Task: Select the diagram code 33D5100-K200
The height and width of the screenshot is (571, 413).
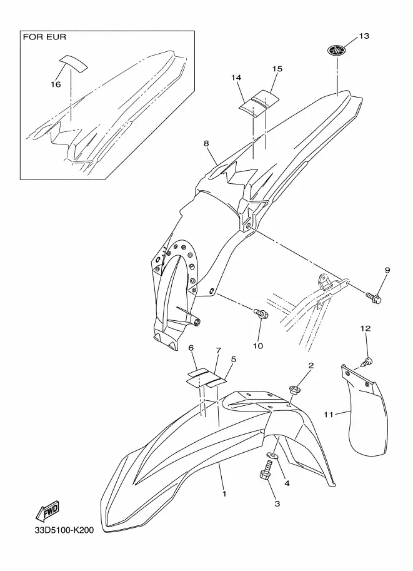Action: [x=64, y=530]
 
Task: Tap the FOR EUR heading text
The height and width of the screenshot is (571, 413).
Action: [x=45, y=37]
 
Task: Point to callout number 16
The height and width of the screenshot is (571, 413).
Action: [x=56, y=84]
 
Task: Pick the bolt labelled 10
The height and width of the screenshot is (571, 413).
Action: [x=261, y=313]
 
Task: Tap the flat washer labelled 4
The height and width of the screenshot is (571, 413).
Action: [x=272, y=455]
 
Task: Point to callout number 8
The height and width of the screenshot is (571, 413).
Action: [x=206, y=143]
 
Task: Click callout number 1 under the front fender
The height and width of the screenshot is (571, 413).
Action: [x=224, y=494]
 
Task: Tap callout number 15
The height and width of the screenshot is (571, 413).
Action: [x=277, y=68]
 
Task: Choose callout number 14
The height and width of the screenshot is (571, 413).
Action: [x=236, y=78]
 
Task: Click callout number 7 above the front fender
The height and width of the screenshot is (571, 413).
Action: [x=218, y=350]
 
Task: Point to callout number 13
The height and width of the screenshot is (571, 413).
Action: [x=364, y=36]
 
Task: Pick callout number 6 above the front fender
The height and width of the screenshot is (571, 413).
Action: [x=191, y=348]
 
